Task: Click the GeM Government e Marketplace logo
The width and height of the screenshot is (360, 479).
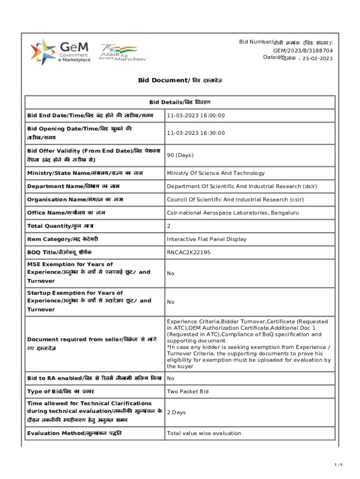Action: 61,52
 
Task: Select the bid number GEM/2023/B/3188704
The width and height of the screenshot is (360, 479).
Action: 303,51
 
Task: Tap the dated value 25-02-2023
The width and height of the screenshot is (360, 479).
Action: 317,58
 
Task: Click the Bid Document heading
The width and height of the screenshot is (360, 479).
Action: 180,80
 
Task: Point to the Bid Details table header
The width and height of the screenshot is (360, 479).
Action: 180,102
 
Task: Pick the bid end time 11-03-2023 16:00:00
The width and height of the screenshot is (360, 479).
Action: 196,116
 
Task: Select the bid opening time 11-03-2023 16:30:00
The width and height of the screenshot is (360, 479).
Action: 196,133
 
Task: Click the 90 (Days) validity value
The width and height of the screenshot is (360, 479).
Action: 180,155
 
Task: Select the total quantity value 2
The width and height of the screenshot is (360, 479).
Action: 169,226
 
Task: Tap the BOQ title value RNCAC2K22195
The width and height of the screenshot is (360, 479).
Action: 189,253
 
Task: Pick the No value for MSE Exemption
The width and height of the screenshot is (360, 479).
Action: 171,273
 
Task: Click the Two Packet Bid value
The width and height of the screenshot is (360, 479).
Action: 187,392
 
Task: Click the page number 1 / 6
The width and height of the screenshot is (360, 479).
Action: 339,464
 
